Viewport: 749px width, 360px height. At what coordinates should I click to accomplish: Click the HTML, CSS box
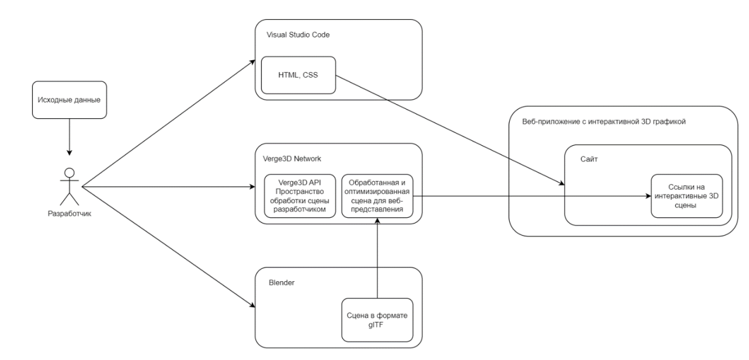298,76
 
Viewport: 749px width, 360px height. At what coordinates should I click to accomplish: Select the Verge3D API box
300,196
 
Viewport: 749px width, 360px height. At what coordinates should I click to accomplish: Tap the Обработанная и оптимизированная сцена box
377,196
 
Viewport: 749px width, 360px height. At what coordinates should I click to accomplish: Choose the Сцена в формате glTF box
377,320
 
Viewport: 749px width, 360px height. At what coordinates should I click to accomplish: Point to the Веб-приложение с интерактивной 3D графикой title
603,122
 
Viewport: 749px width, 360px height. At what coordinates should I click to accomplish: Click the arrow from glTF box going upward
377,258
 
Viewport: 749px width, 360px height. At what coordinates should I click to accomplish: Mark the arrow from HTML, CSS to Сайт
449,129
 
